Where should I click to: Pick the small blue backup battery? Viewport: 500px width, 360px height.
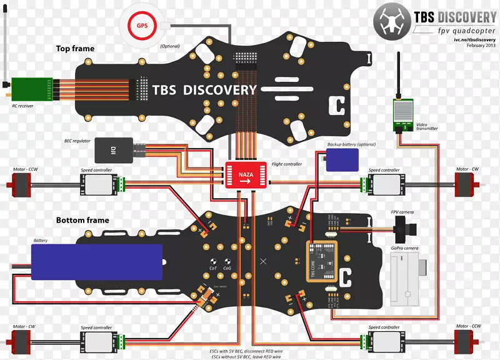click(342, 159)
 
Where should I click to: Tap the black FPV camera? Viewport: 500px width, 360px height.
click(406, 229)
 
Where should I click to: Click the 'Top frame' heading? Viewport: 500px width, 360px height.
click(76, 49)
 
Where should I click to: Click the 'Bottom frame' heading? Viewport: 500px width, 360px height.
click(82, 220)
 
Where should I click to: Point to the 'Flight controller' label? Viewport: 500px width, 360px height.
click(287, 164)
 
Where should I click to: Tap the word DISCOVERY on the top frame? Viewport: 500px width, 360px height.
click(219, 90)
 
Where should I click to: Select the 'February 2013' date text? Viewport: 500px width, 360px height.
click(477, 46)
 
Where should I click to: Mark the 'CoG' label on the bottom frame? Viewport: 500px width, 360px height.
click(227, 268)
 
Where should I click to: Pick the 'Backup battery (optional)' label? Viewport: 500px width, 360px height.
click(352, 144)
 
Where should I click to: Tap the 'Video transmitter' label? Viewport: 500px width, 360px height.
click(427, 126)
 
